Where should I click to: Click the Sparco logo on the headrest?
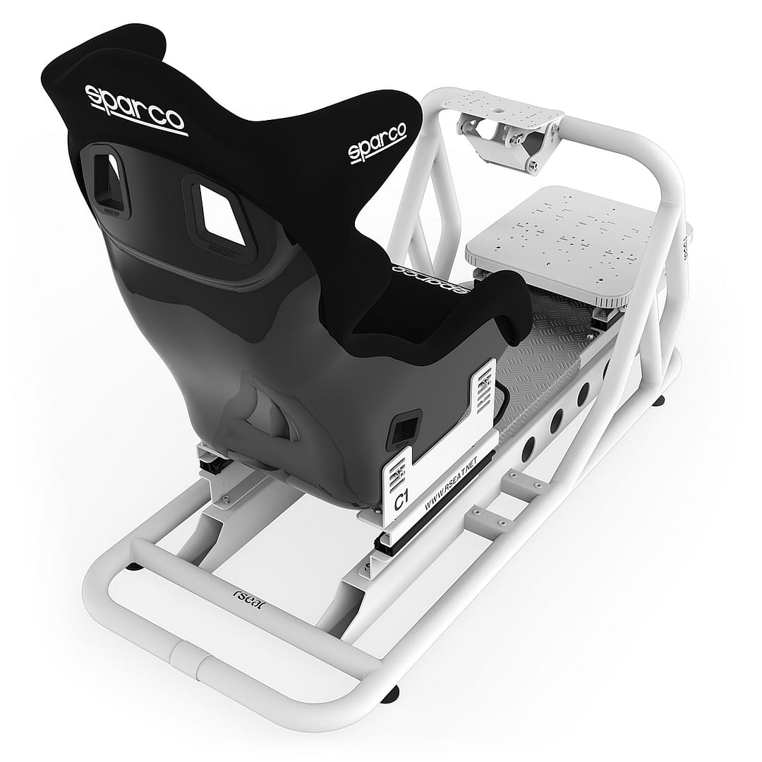point(135,108)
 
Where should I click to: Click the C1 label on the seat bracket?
point(401,502)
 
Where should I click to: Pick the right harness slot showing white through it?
point(219,212)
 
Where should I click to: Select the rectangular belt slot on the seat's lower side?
point(406,427)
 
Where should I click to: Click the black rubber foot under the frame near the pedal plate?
point(662,400)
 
